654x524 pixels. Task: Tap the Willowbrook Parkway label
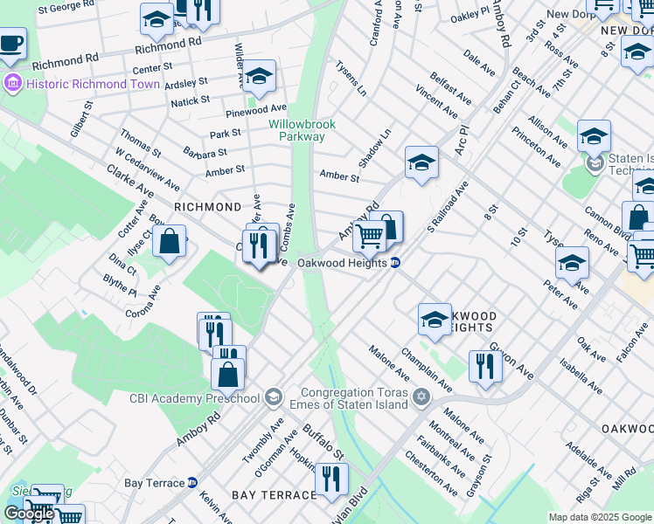click(x=296, y=130)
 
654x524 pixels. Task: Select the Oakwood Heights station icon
click(x=395, y=263)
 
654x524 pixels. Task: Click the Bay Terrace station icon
click(x=192, y=482)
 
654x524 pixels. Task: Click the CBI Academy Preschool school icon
click(x=273, y=398)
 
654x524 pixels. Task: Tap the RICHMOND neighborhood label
click(x=207, y=207)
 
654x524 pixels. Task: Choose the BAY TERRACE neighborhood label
click(x=274, y=495)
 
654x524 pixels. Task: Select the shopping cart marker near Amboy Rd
click(x=370, y=234)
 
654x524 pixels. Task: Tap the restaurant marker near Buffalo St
click(x=331, y=477)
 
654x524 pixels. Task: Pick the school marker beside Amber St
click(x=421, y=162)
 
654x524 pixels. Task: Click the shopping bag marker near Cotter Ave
click(x=170, y=240)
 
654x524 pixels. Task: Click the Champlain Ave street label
click(x=426, y=369)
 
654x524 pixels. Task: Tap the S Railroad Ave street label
click(x=448, y=207)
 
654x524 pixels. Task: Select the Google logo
click(x=30, y=514)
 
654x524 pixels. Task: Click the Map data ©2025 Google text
click(x=600, y=518)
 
